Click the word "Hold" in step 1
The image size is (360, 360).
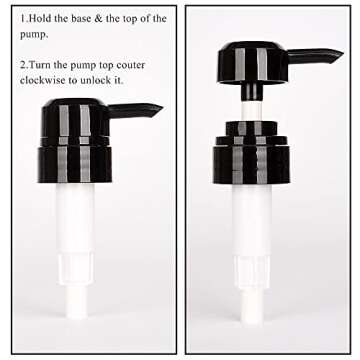[40, 18]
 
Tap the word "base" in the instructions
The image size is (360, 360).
[81, 18]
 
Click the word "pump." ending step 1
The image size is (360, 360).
[34, 35]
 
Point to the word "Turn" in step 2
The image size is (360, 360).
[40, 65]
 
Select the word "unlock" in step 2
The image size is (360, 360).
[102, 80]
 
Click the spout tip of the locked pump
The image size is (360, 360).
[161, 107]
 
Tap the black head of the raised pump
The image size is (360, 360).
[253, 62]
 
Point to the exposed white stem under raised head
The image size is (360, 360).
[252, 111]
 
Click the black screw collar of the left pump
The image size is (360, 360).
[75, 159]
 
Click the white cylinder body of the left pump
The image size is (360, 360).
[75, 233]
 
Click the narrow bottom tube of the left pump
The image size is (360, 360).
[76, 302]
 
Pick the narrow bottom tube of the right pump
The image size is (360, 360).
[252, 306]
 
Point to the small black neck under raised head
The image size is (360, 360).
[252, 92]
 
